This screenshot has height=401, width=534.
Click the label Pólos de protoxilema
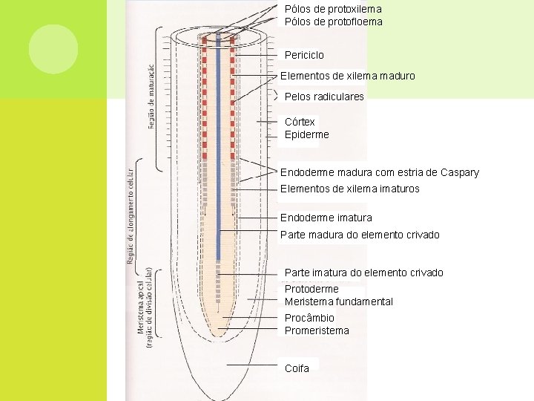coord(333,9)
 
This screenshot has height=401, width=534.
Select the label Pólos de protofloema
coord(334,22)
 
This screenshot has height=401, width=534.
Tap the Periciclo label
coord(304,55)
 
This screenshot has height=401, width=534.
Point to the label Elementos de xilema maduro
coord(347,76)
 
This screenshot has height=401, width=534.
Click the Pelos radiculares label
coord(324,97)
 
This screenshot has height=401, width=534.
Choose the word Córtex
coord(300,122)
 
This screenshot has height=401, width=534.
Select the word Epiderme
coord(306,134)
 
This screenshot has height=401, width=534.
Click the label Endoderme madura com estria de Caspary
coord(379,172)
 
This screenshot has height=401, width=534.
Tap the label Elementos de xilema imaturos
coord(349,189)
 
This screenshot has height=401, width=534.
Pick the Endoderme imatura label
coord(326,218)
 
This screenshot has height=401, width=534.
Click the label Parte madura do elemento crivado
coord(360,235)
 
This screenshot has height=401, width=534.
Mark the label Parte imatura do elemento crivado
coord(363,273)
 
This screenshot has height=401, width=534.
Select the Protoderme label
coord(311,289)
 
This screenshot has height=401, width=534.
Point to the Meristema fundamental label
coord(338,301)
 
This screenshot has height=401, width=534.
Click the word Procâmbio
coord(309,318)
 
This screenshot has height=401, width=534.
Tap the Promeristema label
coord(317,330)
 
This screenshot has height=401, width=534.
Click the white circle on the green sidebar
coord(53,49)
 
